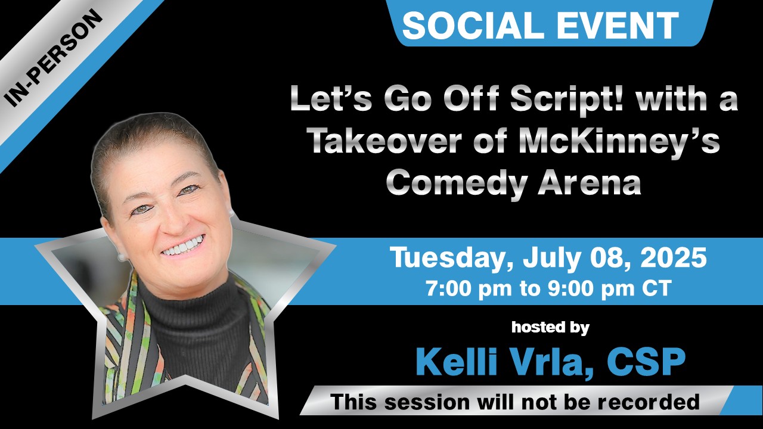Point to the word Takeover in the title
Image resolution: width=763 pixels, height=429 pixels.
click(385, 141)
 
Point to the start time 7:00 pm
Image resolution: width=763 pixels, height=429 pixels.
click(469, 289)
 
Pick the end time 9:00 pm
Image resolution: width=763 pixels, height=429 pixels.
click(591, 289)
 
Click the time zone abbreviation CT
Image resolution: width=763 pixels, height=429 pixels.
click(657, 288)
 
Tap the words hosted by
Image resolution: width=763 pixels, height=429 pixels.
click(550, 328)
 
